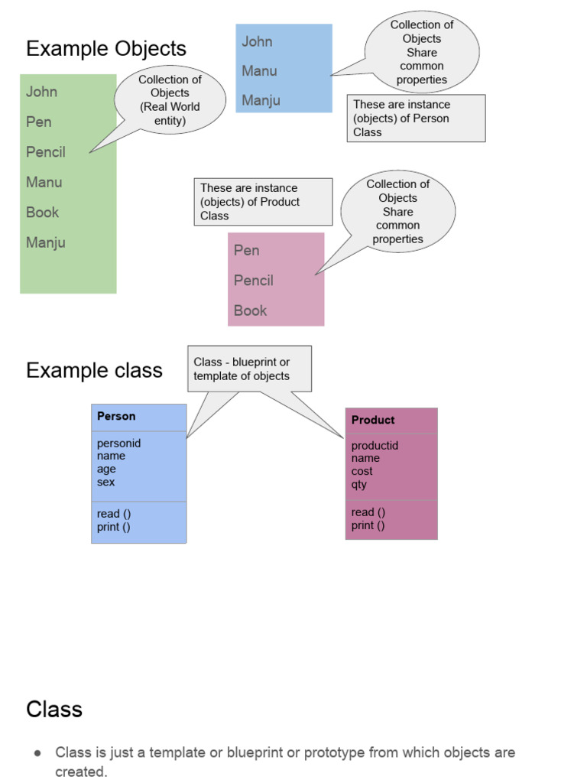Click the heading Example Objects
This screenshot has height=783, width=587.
point(105,49)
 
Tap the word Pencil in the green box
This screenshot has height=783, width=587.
point(46,152)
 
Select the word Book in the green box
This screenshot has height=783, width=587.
point(42,213)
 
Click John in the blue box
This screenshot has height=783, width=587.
point(257,42)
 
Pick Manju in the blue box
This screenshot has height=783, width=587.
point(261,100)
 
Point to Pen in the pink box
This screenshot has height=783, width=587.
point(246,251)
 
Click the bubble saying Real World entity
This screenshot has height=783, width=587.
point(170,100)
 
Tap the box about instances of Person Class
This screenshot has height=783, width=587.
point(416,119)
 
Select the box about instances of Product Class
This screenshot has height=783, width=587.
point(263,202)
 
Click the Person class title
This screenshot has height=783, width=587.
point(116,417)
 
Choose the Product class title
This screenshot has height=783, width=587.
point(373,421)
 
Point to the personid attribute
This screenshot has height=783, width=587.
point(118,443)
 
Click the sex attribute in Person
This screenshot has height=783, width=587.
point(105,482)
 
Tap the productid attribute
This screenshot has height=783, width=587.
point(375,446)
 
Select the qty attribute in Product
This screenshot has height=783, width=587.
point(358,485)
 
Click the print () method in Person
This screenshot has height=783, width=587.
point(113,527)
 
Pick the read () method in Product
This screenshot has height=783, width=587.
point(368,512)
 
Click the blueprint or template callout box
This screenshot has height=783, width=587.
point(249,369)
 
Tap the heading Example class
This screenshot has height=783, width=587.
point(94,371)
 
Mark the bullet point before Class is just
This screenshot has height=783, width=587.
point(37,753)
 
